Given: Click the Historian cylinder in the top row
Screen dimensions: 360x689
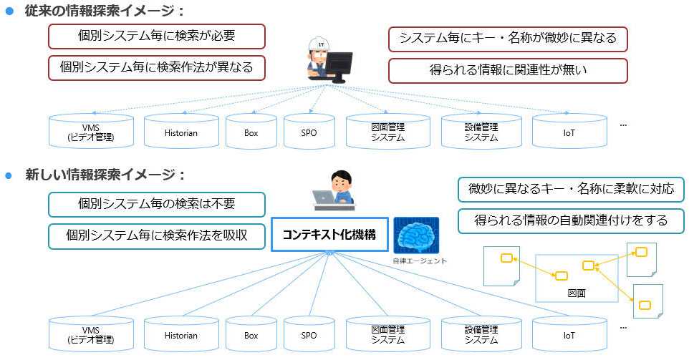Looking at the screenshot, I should click(181, 132).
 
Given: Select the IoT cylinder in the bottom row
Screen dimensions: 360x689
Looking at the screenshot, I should click(569, 334).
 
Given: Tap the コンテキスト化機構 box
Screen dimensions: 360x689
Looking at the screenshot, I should click(329, 235).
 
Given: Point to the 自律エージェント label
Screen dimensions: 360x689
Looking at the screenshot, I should click(420, 261).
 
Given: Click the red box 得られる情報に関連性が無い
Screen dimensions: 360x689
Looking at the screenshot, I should click(508, 70).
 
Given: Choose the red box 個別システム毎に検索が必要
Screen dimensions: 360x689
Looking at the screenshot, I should click(157, 36).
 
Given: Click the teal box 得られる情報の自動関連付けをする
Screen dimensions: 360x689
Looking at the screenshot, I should click(571, 220).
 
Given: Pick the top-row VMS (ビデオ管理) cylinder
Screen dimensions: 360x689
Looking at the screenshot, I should click(91, 132).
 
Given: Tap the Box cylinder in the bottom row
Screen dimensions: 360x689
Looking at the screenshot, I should click(251, 334).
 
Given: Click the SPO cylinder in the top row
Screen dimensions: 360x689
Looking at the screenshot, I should click(309, 132).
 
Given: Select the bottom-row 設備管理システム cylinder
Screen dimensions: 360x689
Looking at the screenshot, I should click(481, 334).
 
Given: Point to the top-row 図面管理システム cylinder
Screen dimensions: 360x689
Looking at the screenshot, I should click(387, 132).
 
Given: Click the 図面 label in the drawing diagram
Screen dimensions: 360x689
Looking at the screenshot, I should click(577, 293).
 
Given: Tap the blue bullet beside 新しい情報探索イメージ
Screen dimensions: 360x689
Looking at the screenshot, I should click(10, 175).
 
